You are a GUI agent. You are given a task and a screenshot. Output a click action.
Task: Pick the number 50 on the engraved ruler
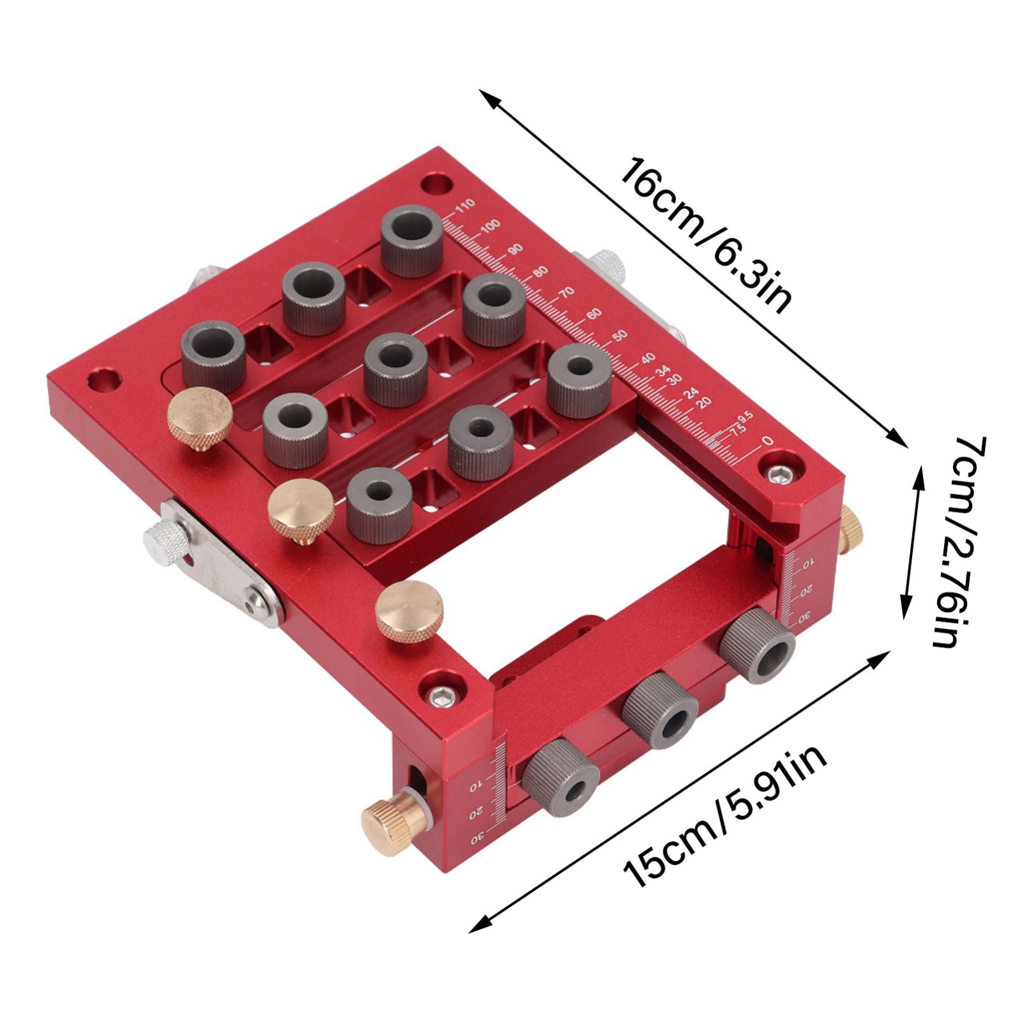[x=620, y=336]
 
